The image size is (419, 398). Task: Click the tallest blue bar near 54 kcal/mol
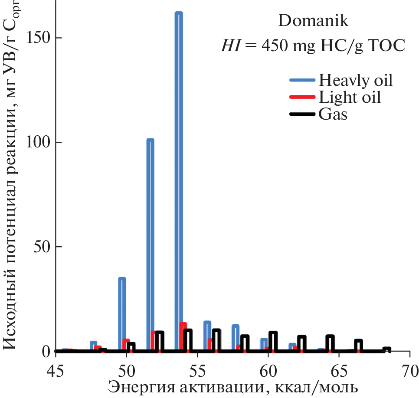coord(179,173)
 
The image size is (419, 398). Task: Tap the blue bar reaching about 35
coord(122,312)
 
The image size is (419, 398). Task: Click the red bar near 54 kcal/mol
coord(183,336)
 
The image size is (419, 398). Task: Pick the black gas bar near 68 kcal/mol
coord(386,349)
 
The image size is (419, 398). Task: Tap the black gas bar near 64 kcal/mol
coord(330,343)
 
